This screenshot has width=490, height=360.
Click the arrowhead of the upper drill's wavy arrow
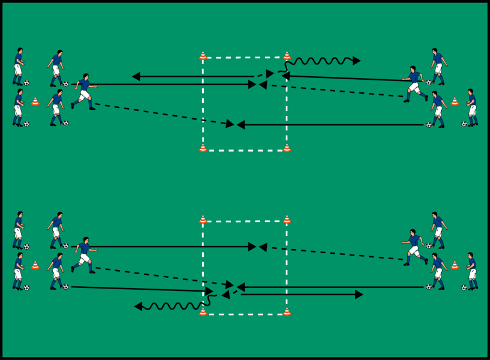[357, 61]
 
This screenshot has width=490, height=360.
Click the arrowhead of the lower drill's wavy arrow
[138, 307]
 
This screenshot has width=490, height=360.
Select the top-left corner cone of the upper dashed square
[203, 56]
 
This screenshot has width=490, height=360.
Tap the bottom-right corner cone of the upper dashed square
[287, 148]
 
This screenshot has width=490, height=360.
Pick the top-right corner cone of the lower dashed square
[287, 220]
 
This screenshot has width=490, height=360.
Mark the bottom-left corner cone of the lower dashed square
[203, 311]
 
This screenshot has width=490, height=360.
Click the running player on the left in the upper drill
[83, 91]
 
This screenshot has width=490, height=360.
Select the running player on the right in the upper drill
[414, 84]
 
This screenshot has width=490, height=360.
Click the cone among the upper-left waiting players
[35, 101]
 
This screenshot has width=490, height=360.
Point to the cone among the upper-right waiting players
[455, 101]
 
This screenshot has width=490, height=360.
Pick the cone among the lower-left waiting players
[35, 265]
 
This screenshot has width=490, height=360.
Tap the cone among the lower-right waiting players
[455, 265]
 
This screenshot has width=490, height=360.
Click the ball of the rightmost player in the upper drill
[464, 124]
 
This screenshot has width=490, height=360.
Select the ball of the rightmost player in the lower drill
[464, 287]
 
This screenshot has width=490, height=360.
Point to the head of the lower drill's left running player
[86, 240]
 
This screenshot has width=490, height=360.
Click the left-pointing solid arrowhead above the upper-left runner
[136, 77]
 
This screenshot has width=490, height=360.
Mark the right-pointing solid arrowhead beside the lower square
[359, 295]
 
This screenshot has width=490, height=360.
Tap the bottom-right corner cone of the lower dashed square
[287, 311]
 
